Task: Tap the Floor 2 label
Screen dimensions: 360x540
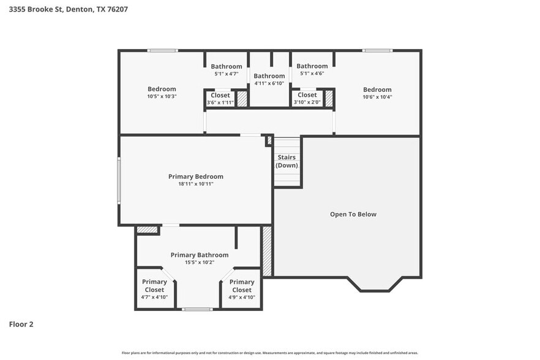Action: tap(21, 324)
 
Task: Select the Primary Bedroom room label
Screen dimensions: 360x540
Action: tap(196, 176)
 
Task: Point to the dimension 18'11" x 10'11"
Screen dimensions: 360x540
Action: tap(196, 184)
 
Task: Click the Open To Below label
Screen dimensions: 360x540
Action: tap(353, 214)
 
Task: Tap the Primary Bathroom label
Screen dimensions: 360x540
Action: tap(200, 255)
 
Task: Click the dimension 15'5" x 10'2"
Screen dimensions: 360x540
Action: tap(200, 262)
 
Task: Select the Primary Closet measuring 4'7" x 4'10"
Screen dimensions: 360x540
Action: tap(154, 286)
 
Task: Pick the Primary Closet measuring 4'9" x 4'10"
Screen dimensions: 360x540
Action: tap(242, 286)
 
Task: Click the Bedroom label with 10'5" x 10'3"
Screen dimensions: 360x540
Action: tap(162, 89)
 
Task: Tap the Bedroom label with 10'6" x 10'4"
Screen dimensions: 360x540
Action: tap(377, 89)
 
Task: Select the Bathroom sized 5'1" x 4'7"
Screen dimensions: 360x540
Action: tap(227, 66)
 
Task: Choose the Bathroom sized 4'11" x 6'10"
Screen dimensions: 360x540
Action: tap(269, 76)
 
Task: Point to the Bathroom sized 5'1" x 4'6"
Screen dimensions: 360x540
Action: tap(312, 66)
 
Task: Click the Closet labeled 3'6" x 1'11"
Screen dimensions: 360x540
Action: tap(220, 95)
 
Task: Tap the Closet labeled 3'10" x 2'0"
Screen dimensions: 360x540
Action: tap(307, 95)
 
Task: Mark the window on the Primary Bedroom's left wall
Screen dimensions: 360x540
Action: tap(119, 181)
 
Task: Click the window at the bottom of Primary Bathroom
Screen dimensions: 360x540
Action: tap(197, 309)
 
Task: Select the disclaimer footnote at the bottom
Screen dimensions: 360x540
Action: tap(270, 353)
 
